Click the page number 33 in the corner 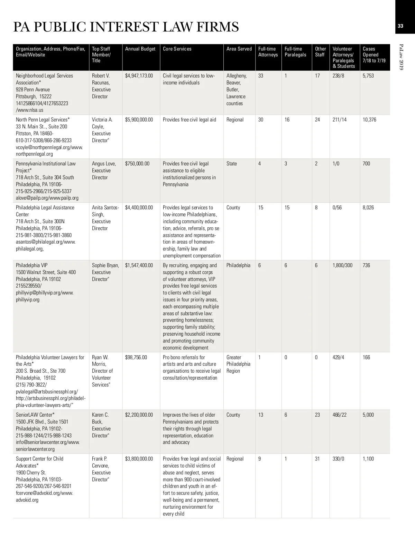click(x=400, y=26)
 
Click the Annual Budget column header click(x=140, y=49)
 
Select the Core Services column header click(x=177, y=49)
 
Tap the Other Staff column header click(x=320, y=52)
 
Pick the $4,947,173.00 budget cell click(x=139, y=76)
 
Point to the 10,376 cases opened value click(x=369, y=120)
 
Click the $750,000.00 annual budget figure click(x=137, y=164)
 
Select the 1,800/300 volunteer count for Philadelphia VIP click(x=342, y=265)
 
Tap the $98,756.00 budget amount click(x=136, y=357)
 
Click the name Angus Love click(x=104, y=164)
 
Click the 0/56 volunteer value click(x=337, y=208)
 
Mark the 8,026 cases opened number click(x=368, y=208)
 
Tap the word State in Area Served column click(x=232, y=164)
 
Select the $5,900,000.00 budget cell click(x=139, y=120)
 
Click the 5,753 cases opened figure click(x=368, y=76)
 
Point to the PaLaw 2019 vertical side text click(x=401, y=57)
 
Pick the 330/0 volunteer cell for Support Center click(x=338, y=459)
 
